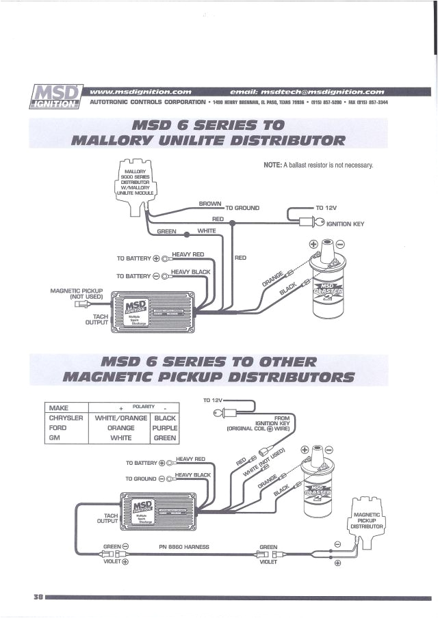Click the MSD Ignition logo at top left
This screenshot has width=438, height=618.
point(56,96)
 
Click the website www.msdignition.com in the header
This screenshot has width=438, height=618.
point(140,91)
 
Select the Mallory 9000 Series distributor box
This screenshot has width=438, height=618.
point(137,183)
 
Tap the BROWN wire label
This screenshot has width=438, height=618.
point(210,204)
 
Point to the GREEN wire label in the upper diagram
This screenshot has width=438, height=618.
point(167,231)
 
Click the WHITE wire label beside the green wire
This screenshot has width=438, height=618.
point(207,231)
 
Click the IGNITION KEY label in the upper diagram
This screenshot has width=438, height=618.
point(346,223)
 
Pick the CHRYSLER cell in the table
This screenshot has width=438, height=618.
point(66,418)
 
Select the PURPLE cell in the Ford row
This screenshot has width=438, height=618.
point(165,428)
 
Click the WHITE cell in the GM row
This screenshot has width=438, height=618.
point(120,438)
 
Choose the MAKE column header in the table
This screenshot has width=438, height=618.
point(59,407)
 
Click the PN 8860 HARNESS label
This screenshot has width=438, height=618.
point(183,546)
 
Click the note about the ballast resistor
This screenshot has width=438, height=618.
point(318,165)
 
